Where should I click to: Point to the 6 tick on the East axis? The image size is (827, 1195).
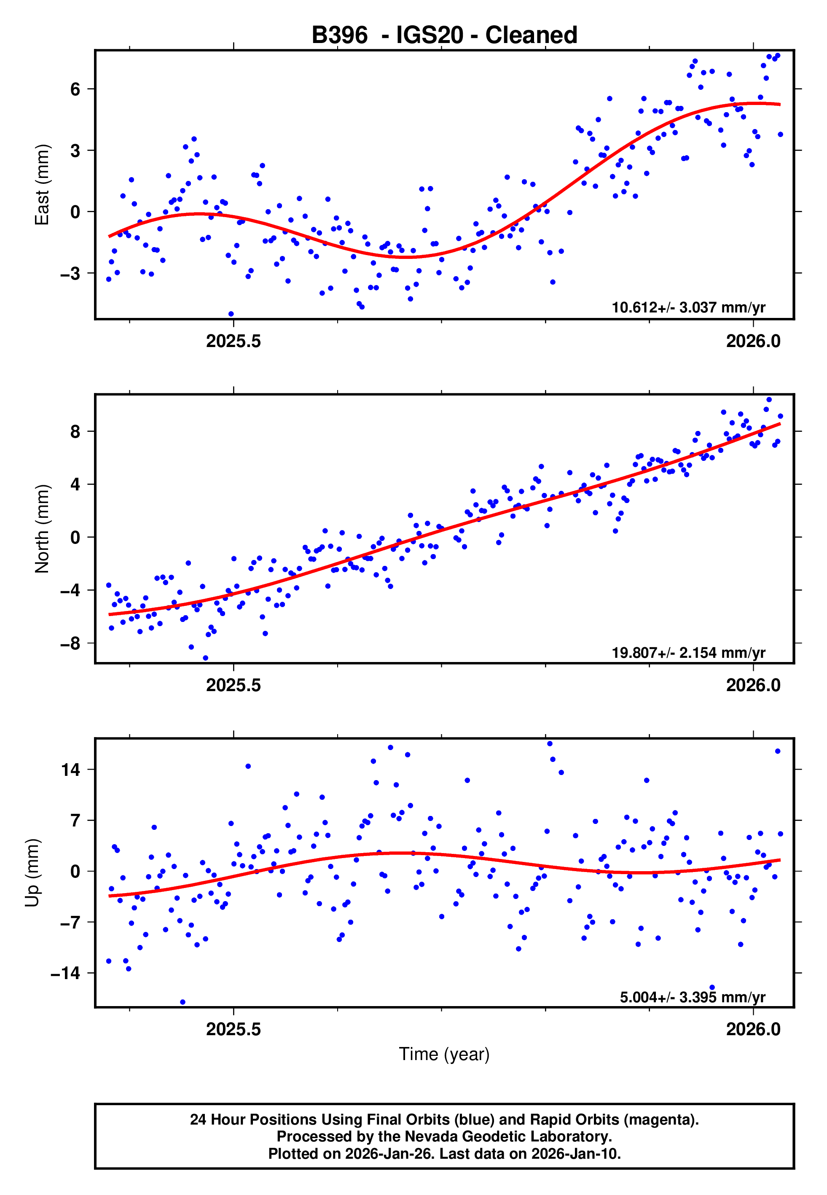75,89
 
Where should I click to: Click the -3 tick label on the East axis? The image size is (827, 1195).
70,273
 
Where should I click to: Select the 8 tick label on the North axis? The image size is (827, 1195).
75,431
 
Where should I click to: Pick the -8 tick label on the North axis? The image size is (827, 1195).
70,643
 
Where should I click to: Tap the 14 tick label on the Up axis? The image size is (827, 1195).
70,770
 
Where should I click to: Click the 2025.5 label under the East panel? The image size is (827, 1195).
233,341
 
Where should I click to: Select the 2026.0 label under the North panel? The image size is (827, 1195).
753,685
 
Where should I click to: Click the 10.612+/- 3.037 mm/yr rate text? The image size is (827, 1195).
688,307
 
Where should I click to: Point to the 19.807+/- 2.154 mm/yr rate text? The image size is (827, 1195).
688,652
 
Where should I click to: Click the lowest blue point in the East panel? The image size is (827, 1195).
231,314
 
